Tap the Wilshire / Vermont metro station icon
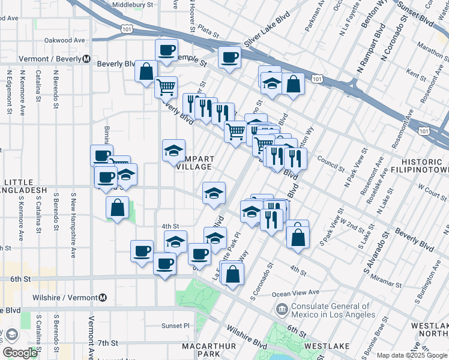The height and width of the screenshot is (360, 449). tap(103, 298)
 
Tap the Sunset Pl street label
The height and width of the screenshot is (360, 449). tap(175, 326)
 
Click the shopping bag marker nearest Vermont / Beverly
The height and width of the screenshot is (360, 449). tap(146, 71)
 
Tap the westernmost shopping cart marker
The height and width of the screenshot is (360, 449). tap(166, 86)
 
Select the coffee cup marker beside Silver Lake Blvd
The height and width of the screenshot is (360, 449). tap(229, 58)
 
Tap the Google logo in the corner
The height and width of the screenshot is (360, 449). tap(20, 353)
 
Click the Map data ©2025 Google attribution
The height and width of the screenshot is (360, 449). tap(411, 355)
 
